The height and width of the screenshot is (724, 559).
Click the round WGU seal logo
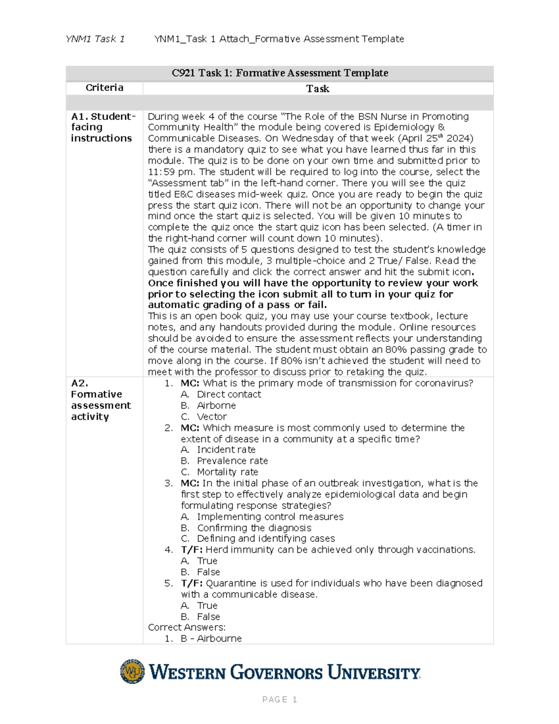(132, 671)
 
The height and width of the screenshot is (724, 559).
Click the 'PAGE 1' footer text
(279, 699)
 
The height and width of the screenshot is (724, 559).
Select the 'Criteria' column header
(104, 88)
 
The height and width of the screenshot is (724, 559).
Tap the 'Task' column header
(318, 89)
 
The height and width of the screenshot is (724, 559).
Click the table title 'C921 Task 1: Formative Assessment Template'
(279, 73)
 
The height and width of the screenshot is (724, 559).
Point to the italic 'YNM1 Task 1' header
(95, 39)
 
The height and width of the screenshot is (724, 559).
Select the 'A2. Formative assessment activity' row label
(101, 400)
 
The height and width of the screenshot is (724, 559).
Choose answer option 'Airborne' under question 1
(216, 406)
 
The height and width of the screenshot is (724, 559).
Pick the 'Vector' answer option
(212, 417)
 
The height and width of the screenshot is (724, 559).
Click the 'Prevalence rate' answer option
(232, 461)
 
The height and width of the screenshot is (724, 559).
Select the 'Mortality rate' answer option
(227, 472)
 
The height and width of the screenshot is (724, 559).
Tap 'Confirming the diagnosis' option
(254, 528)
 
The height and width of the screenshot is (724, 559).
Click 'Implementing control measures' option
(270, 517)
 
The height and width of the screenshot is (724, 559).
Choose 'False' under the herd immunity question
(208, 572)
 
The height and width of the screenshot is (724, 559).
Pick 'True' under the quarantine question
(207, 606)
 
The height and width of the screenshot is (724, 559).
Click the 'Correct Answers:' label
(187, 627)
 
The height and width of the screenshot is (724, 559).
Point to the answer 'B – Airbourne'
(211, 639)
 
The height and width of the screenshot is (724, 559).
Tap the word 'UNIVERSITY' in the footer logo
(374, 673)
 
